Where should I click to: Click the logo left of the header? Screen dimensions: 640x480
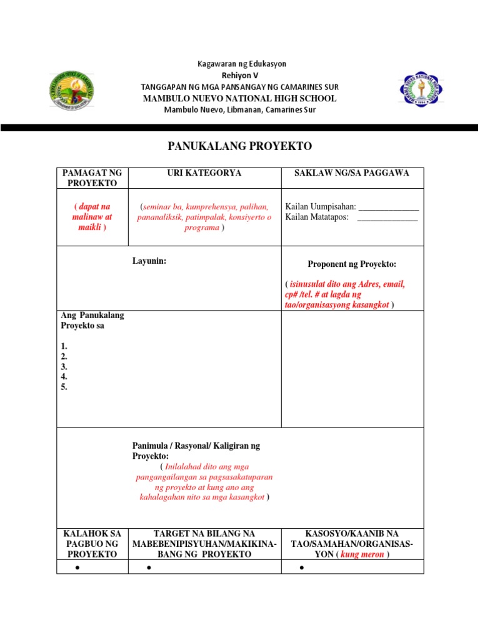tap(72, 89)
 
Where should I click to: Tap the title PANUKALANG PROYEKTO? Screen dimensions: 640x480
tap(240, 146)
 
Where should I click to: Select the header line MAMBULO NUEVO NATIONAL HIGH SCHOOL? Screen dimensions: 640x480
tap(240, 99)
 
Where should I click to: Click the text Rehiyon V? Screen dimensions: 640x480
tap(240, 75)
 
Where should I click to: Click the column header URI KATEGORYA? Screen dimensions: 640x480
tap(204, 173)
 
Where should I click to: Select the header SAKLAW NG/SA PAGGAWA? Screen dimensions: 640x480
tap(352, 173)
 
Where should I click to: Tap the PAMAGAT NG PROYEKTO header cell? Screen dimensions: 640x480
tap(92, 178)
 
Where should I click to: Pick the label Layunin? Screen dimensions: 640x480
tap(149, 261)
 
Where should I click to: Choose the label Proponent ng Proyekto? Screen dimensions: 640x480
tap(352, 264)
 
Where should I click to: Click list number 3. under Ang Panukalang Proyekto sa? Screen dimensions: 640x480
tap(64, 367)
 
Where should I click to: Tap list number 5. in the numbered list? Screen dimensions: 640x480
tap(64, 387)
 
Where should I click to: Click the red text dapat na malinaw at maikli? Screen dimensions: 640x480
tap(92, 217)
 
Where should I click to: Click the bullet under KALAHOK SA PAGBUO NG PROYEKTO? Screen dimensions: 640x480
tap(76, 567)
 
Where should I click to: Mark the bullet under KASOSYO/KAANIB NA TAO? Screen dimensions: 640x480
tap(301, 567)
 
